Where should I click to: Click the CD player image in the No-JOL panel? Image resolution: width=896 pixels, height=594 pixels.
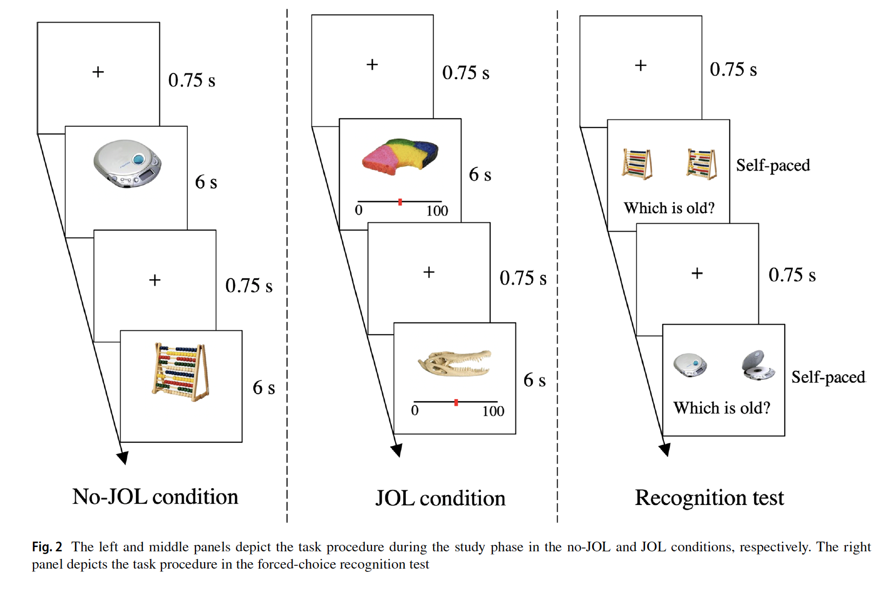pos(127,163)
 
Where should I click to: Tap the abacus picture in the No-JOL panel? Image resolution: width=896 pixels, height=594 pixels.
pos(180,372)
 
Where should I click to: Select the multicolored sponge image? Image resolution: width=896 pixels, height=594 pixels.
pos(400,156)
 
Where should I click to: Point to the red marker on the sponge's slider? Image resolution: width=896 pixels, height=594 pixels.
pos(400,202)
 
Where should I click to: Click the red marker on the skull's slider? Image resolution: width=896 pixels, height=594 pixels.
pos(456,402)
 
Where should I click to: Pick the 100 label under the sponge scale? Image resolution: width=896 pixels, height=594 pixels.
pos(437,211)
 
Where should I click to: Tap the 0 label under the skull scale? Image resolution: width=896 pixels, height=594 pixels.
pos(415,411)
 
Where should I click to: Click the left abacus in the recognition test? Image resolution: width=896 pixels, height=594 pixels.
pos(637,163)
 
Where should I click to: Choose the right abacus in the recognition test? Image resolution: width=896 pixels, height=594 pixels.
pos(701,163)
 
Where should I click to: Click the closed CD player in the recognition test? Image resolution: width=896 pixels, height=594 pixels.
pos(690,365)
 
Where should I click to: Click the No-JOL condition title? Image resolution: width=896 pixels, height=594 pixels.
pos(155,497)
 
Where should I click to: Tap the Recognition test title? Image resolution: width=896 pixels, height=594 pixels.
pos(709,498)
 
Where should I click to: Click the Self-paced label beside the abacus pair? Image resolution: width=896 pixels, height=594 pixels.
pos(773,165)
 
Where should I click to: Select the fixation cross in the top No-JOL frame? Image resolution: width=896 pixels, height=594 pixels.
pos(98,72)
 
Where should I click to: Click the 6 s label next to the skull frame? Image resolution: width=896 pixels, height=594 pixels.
pos(534,380)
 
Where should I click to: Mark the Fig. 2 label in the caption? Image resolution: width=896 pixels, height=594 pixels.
pos(47,547)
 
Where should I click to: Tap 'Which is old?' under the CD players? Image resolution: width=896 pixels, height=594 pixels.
pos(722,408)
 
